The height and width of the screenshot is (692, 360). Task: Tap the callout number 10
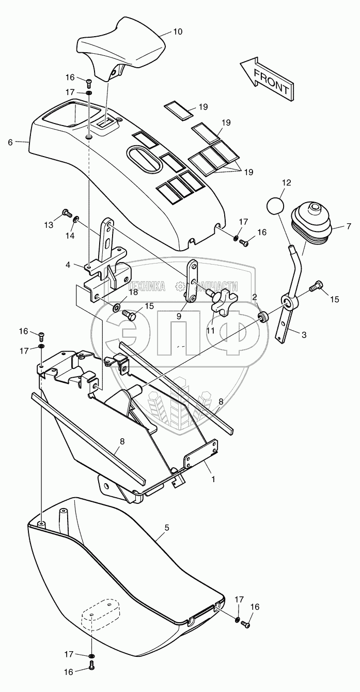pos(177,32)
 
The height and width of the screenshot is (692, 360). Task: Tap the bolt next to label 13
pos(66,212)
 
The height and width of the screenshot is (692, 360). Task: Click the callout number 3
pos(304,334)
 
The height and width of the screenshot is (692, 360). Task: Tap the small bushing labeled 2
pos(263,316)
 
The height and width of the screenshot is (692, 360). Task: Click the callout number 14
pos(70,236)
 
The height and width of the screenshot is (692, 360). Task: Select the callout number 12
pos(287,182)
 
